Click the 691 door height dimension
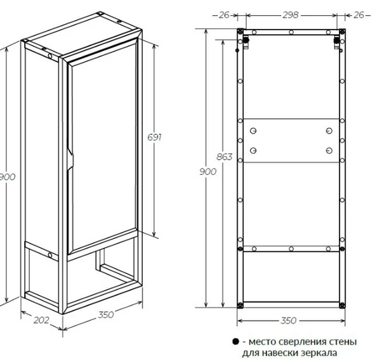[x=154, y=137]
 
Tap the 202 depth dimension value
[x=41, y=320]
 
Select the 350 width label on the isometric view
[x=106, y=315]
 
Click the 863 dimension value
[x=224, y=157]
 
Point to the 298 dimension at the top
[x=291, y=15]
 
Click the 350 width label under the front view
[x=289, y=321]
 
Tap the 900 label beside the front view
[x=208, y=171]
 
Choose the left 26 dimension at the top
[x=224, y=15]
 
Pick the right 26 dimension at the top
[x=358, y=15]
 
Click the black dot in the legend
[x=236, y=341]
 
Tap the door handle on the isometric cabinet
[x=70, y=158]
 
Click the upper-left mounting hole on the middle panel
[x=253, y=131]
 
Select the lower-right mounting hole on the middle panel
[x=329, y=151]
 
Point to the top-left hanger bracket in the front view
[x=246, y=42]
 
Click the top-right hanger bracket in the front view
[x=337, y=42]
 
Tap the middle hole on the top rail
[x=291, y=32]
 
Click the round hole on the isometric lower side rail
[x=50, y=255]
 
